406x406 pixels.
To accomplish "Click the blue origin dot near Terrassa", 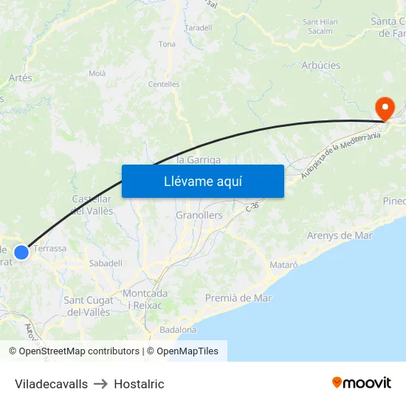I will point(21,252).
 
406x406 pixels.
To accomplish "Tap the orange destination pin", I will point(385,109).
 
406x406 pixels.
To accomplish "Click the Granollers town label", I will point(199,216).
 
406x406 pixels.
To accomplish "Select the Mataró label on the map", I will point(284,264).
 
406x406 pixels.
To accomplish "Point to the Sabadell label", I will point(105,263).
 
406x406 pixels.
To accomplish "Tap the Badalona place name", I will point(178,330).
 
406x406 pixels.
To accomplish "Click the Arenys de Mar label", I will point(340,235).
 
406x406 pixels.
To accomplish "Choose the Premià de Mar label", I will point(238,298).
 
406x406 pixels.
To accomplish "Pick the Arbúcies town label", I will point(321,66).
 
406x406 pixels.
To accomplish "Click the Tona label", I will point(167,44).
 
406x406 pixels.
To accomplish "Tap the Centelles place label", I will point(164,84).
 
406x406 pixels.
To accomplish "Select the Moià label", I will point(97,73).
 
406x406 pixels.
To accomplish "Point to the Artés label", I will point(20,78).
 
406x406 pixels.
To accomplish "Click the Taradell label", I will point(199,28).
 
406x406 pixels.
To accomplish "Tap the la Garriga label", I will point(199,159).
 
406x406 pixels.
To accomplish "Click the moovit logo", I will point(362,383).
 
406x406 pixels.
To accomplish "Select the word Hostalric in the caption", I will point(139,384).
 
